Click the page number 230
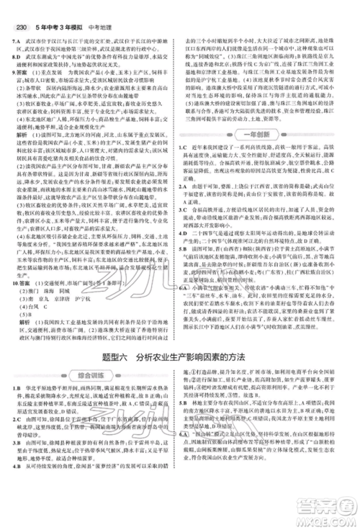tap(18, 9)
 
